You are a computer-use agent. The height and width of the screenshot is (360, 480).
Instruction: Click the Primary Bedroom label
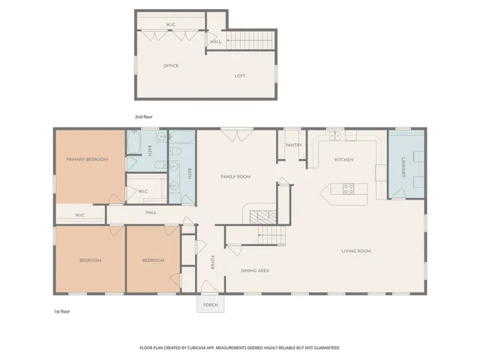click(x=87, y=160)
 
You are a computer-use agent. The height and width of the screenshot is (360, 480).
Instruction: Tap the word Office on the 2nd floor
click(x=171, y=66)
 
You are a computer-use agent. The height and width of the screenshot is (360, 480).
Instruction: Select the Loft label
click(x=240, y=76)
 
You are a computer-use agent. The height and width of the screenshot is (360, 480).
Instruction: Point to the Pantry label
click(x=292, y=145)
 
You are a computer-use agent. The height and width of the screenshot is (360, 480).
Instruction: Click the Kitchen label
click(x=343, y=160)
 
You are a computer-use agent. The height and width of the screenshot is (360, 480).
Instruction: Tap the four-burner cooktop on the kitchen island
click(x=349, y=189)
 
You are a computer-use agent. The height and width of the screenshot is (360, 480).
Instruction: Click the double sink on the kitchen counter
click(x=335, y=136)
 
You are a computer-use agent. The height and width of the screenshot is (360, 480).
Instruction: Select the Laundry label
click(x=403, y=166)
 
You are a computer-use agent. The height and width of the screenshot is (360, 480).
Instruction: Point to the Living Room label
click(x=356, y=251)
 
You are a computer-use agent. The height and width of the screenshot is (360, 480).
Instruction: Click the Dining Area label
click(x=255, y=270)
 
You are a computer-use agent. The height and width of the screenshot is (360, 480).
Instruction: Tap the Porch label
click(x=210, y=304)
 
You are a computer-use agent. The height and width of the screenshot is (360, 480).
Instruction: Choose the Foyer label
click(x=212, y=262)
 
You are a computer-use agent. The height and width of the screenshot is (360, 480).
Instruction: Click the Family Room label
click(x=235, y=177)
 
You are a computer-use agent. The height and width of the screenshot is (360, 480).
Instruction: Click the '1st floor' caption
click(x=62, y=310)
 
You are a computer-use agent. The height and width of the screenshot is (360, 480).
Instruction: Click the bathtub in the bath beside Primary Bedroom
click(x=135, y=142)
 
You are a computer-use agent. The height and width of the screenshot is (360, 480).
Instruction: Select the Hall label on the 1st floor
click(x=151, y=212)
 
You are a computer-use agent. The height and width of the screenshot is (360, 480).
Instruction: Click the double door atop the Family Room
click(x=230, y=134)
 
